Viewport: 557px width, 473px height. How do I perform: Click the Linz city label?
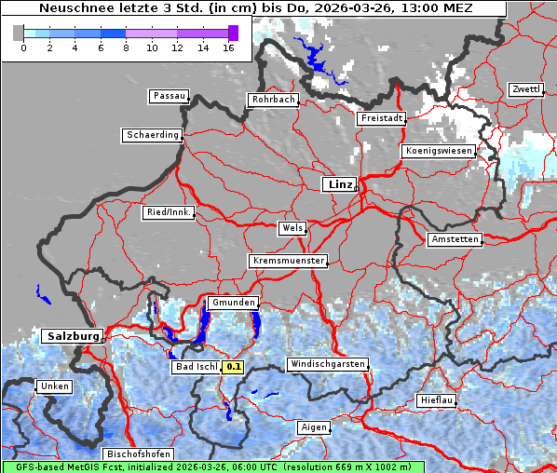pyautogui.click(x=339, y=184)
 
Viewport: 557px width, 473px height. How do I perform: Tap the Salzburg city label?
pyautogui.click(x=71, y=336)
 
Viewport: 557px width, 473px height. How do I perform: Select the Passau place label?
pyautogui.click(x=169, y=96)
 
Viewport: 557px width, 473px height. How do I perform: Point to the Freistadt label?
pyautogui.click(x=381, y=118)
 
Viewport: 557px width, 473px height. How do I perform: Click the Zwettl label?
pyautogui.click(x=525, y=89)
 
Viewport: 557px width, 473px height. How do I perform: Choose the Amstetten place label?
pyautogui.click(x=455, y=239)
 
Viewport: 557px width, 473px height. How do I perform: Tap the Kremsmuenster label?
pyautogui.click(x=289, y=261)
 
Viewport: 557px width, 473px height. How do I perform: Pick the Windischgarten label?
pyautogui.click(x=327, y=364)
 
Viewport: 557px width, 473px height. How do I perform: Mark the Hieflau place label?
pyautogui.click(x=437, y=399)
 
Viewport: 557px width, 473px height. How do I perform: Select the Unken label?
pyautogui.click(x=54, y=385)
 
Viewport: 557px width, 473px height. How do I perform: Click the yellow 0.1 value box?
pyautogui.click(x=233, y=367)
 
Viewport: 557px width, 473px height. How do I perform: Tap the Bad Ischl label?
pyautogui.click(x=196, y=367)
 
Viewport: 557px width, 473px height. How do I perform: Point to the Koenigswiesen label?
pyautogui.click(x=439, y=151)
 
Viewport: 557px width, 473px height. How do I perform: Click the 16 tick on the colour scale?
pyautogui.click(x=228, y=47)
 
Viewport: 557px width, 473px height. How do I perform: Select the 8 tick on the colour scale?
pyautogui.click(x=126, y=47)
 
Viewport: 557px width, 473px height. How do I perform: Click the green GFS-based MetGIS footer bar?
pyautogui.click(x=212, y=466)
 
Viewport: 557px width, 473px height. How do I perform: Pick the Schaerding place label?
pyautogui.click(x=152, y=135)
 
